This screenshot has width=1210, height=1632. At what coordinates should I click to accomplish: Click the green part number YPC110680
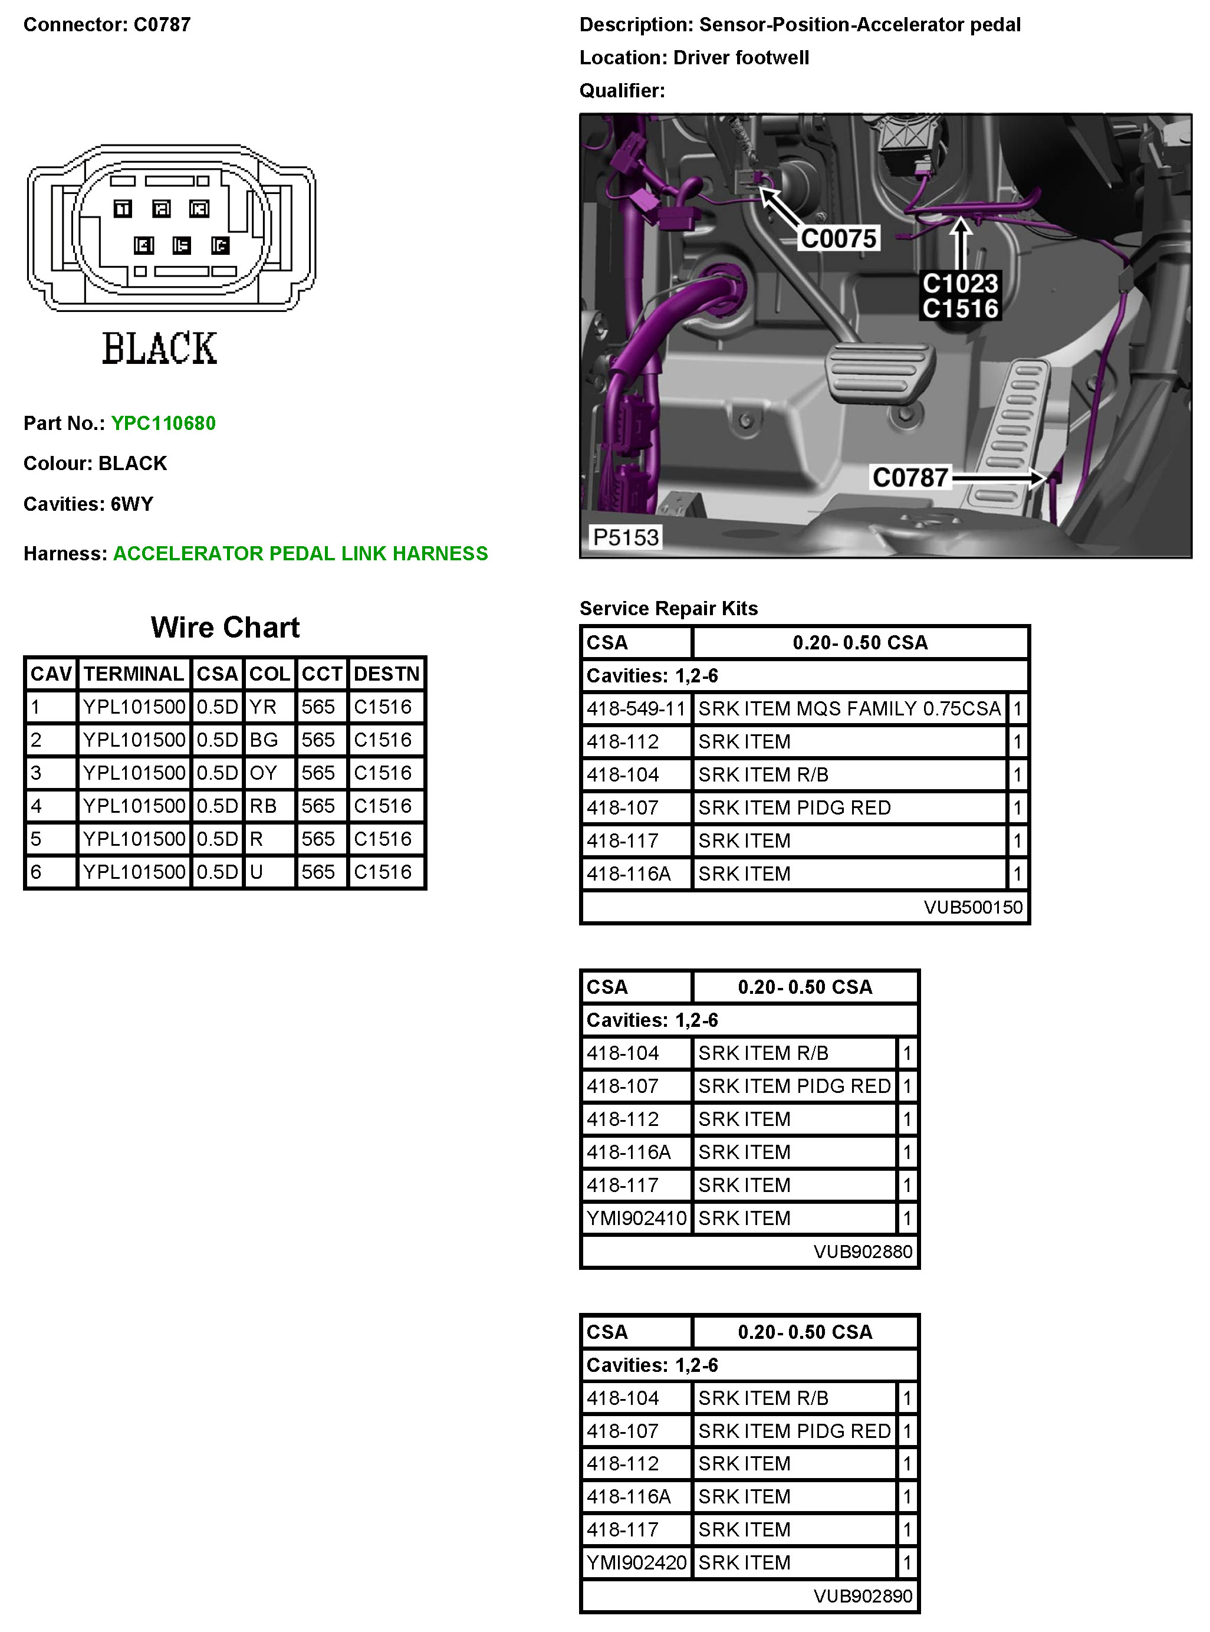(x=163, y=423)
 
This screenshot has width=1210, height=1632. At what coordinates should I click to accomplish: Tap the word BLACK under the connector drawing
(x=160, y=349)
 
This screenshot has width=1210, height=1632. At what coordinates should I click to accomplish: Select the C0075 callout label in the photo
(x=838, y=239)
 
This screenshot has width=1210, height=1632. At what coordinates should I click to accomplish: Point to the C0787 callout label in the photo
(x=910, y=478)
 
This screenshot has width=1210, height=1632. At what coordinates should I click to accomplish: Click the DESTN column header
(x=386, y=674)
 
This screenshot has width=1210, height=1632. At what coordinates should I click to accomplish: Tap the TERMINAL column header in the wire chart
(x=133, y=674)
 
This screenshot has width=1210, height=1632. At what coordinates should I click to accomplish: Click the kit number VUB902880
(x=863, y=1251)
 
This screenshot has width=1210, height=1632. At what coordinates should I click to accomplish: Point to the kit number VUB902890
(x=863, y=1595)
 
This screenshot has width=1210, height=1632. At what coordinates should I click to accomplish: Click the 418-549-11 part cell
(x=636, y=708)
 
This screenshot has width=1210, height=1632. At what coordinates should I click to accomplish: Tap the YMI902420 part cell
(x=636, y=1562)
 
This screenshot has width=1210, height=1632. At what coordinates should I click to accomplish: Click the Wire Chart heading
(x=225, y=628)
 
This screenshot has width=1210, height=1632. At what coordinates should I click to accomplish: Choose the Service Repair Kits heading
(x=668, y=609)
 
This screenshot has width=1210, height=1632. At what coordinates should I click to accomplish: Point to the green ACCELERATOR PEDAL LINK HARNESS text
(x=300, y=554)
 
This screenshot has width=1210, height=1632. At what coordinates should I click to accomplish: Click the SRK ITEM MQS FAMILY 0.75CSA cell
(x=849, y=708)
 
